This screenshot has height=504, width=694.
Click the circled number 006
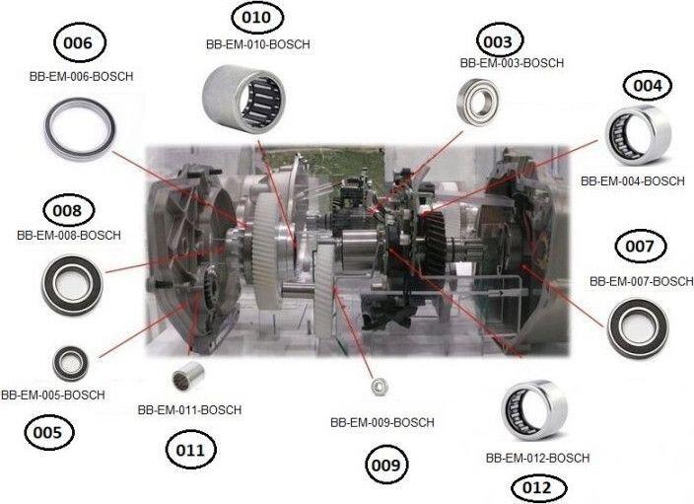pos(79,42)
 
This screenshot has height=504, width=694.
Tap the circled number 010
pos(256,18)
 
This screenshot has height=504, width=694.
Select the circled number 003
pos(499,41)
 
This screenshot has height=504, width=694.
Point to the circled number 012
pos(537,488)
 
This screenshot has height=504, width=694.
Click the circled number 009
pos(386,465)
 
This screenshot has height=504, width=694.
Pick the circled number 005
pos(48,432)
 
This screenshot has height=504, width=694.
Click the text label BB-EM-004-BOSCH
pos(633,181)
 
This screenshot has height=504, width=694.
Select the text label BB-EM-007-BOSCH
pos(642,281)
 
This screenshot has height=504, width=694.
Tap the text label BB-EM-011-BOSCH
pos(189,409)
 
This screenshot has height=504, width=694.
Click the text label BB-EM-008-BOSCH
pos(69,235)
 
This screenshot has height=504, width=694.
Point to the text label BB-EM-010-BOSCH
pos(257,44)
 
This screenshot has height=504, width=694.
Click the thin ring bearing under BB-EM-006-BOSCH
pos(80,129)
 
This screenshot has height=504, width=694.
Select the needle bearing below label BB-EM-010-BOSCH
pos(243,99)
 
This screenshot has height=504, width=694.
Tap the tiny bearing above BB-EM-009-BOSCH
pos(380,387)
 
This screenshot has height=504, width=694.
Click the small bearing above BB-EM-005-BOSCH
pos(70,364)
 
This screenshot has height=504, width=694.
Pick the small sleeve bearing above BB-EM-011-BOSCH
pos(187,376)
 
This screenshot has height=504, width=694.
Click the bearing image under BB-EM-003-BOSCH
pos(477,101)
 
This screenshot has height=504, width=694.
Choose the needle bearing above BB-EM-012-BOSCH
pos(534,410)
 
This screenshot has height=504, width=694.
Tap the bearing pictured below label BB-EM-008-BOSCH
pos(72,285)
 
